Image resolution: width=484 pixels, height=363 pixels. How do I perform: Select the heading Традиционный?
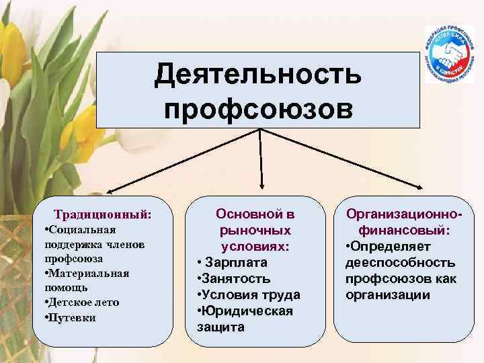click(x=103, y=215)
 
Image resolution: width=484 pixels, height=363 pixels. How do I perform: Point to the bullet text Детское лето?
click(x=83, y=302)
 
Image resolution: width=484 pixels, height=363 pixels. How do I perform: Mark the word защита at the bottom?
click(x=222, y=327)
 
